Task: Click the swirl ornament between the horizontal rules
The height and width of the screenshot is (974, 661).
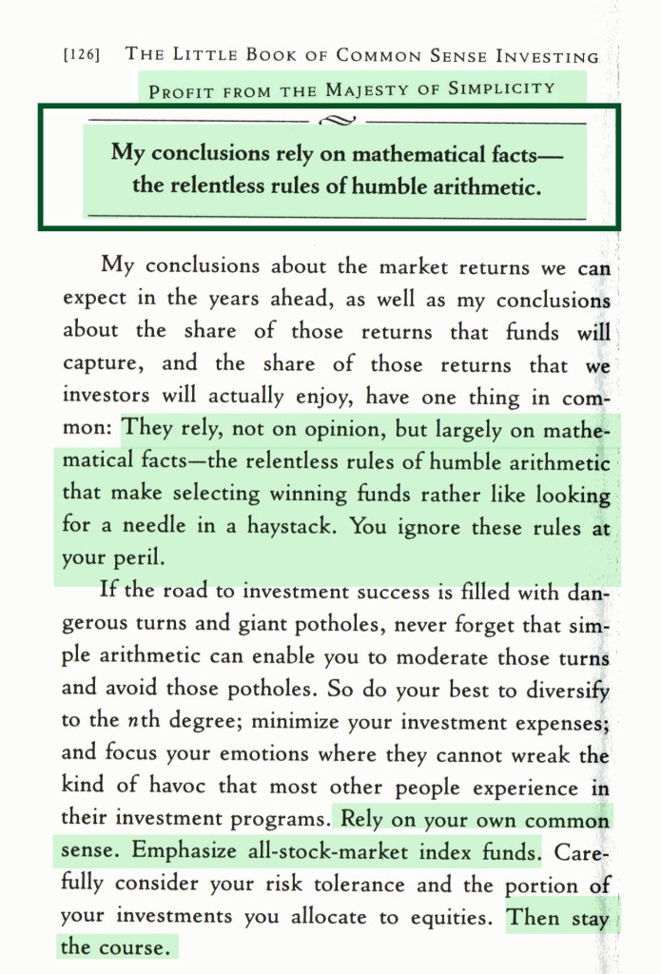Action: point(338,122)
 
